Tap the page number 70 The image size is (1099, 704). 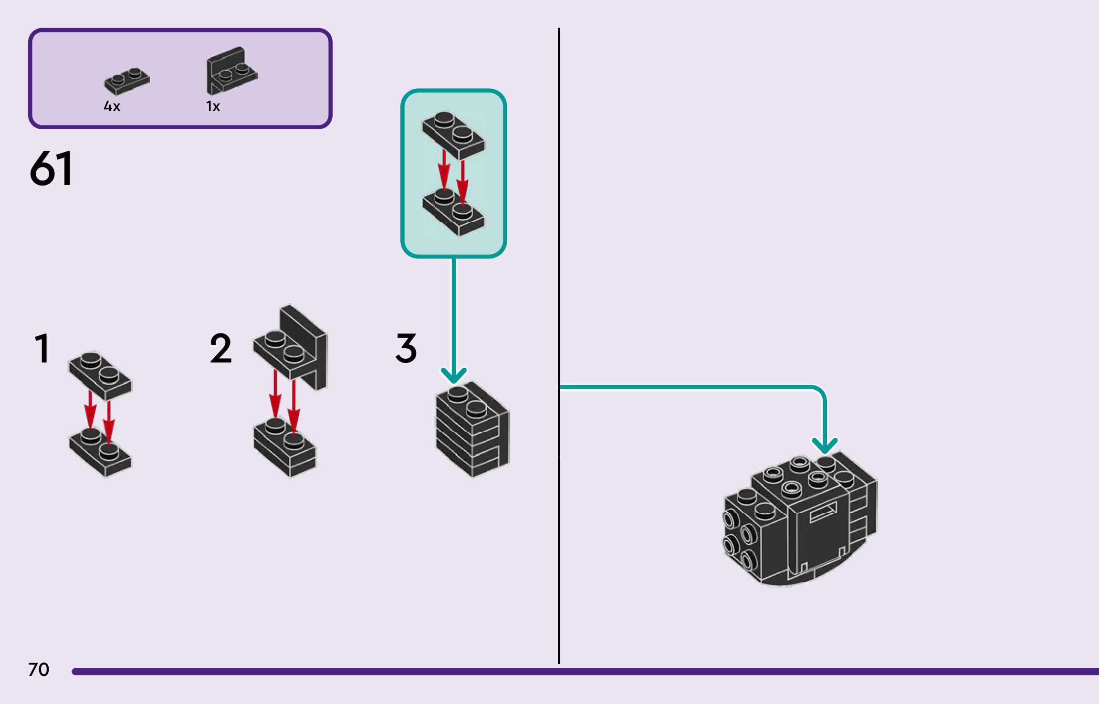click(x=39, y=670)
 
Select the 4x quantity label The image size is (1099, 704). click(x=112, y=106)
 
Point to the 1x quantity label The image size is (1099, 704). click(x=213, y=106)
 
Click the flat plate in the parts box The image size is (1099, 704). click(x=126, y=81)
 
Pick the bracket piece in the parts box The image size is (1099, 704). click(x=231, y=71)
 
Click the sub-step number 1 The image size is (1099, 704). click(x=42, y=349)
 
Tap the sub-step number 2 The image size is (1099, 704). click(x=220, y=349)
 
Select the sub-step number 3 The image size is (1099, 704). click(x=406, y=349)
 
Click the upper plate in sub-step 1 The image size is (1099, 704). click(x=100, y=375)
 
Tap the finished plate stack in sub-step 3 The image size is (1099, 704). click(x=472, y=429)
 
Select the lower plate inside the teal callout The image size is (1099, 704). click(x=453, y=212)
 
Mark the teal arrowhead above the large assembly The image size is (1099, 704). click(x=825, y=445)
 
